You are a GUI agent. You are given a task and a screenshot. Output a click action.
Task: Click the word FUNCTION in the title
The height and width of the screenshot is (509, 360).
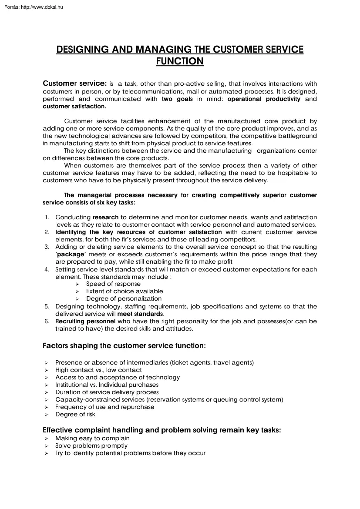(180, 61)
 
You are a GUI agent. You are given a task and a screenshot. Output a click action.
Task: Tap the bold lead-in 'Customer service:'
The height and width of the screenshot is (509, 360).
(74, 84)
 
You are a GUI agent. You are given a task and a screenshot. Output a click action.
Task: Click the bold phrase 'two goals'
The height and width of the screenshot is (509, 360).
(177, 99)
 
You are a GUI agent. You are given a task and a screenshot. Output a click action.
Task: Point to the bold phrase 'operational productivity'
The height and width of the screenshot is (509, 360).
(264, 99)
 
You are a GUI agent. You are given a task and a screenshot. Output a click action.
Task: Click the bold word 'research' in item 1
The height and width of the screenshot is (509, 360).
(106, 217)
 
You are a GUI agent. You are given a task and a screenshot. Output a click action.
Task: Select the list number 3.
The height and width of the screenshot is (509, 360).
(47, 247)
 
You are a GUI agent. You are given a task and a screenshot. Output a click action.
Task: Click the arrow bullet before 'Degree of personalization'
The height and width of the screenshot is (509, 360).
(77, 299)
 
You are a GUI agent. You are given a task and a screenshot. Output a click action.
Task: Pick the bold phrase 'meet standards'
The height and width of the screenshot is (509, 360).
(140, 314)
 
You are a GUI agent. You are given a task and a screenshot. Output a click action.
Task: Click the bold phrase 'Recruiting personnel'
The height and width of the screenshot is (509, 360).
(85, 321)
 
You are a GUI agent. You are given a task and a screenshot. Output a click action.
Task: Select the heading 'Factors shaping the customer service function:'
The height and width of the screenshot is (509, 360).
(124, 346)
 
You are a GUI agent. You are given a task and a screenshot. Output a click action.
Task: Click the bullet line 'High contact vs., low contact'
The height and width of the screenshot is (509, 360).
(98, 370)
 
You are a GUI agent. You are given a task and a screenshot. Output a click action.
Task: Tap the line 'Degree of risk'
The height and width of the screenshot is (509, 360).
(75, 414)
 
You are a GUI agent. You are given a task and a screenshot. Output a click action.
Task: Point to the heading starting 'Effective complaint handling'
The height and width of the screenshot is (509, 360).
(161, 430)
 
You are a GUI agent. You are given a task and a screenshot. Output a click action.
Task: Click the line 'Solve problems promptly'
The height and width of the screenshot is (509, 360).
(91, 445)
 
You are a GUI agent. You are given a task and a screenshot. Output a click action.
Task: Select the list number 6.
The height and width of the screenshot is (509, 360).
(47, 321)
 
